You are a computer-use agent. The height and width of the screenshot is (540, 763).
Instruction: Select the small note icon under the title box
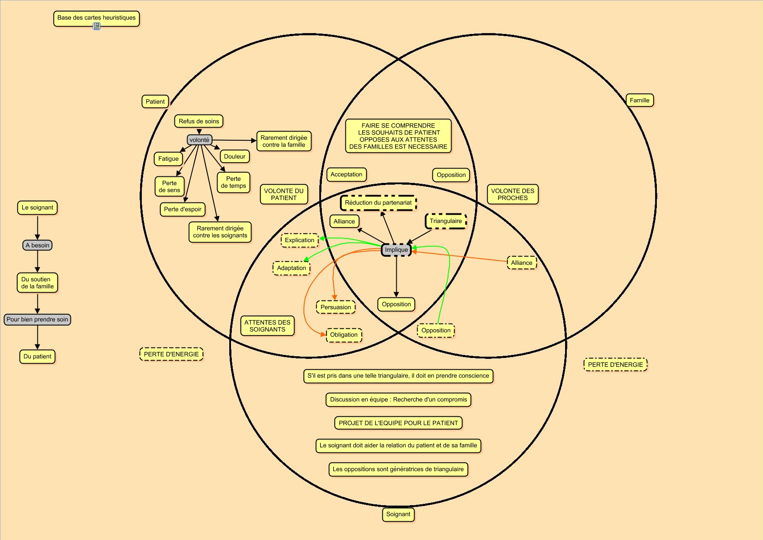pyautogui.click(x=97, y=27)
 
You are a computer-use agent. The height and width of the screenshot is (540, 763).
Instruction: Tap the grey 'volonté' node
pyautogui.click(x=200, y=140)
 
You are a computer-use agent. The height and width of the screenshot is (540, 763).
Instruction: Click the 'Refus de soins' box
pyautogui.click(x=199, y=121)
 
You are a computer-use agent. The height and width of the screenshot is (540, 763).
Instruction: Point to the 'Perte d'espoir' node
pyautogui.click(x=183, y=209)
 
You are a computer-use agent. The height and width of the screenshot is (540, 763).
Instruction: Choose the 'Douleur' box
pyautogui.click(x=234, y=157)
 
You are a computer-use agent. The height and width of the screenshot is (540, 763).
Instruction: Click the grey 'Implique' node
pyautogui.click(x=396, y=250)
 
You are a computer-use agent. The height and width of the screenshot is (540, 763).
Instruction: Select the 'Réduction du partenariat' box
pyautogui.click(x=378, y=203)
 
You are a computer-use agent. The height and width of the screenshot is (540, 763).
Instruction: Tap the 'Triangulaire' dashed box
pyautogui.click(x=446, y=221)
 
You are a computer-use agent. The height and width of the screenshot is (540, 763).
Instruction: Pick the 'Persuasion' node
pyautogui.click(x=335, y=307)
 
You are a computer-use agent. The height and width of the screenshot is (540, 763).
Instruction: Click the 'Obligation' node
pyautogui.click(x=344, y=335)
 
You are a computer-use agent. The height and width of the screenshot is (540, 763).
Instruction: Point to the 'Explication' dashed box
pyautogui.click(x=299, y=240)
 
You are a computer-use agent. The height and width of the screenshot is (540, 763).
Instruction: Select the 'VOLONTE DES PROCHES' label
pyautogui.click(x=512, y=194)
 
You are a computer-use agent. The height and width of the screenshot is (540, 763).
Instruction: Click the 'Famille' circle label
pyautogui.click(x=639, y=101)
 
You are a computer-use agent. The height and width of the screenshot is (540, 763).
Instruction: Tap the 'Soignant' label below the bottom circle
pyautogui.click(x=398, y=514)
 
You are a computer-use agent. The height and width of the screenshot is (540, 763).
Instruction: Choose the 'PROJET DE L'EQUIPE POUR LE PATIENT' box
pyautogui.click(x=398, y=423)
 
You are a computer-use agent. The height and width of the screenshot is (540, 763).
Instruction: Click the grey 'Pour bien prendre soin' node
pyautogui.click(x=37, y=320)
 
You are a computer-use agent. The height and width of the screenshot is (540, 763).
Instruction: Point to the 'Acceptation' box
pyautogui.click(x=346, y=175)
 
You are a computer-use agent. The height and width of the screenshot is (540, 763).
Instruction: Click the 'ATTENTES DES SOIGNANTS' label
pyautogui.click(x=267, y=326)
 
